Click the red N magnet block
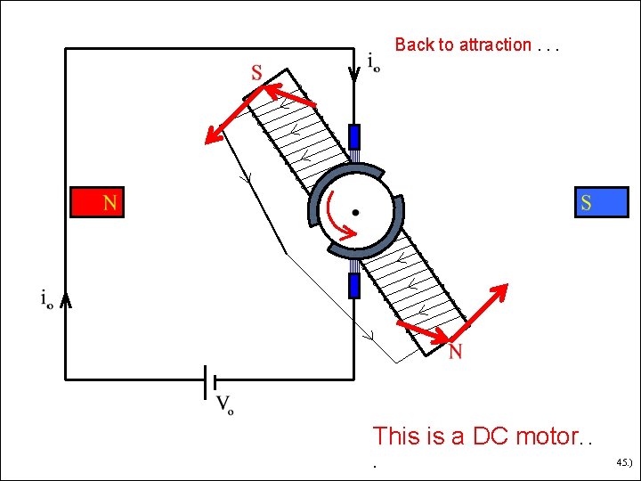click(97, 202)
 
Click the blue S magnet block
click(602, 202)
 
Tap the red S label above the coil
click(256, 73)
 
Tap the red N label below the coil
click(455, 353)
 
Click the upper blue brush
click(354, 137)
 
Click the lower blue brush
click(354, 285)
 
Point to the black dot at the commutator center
click(355, 212)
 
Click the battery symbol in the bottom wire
click(210, 380)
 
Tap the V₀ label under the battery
click(225, 406)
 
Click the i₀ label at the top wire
click(373, 61)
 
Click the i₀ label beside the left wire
click(45, 299)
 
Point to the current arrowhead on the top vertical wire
click(354, 72)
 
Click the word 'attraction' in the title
click(495, 45)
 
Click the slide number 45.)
click(623, 463)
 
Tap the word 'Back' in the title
click(414, 45)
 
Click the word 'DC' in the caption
click(489, 436)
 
